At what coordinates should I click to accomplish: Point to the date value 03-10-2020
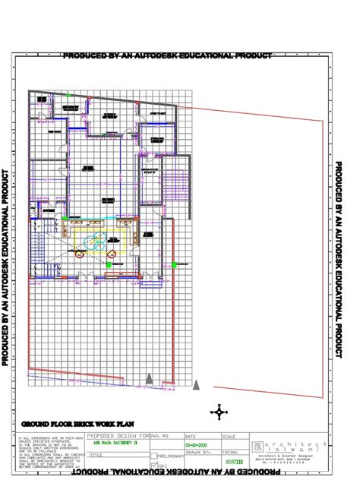click(195, 445)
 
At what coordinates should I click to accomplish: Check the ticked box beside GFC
click(154, 465)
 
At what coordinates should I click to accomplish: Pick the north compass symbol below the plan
click(220, 412)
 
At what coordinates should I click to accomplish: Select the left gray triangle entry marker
click(150, 378)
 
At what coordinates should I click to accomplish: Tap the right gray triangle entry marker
click(197, 385)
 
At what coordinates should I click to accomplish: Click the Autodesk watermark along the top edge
click(167, 56)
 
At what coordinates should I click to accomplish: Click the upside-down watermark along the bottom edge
click(167, 474)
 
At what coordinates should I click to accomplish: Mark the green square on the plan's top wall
click(68, 95)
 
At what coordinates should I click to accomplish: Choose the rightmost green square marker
click(174, 264)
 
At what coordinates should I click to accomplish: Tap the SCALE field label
click(228, 437)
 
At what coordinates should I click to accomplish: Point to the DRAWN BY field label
click(195, 453)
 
